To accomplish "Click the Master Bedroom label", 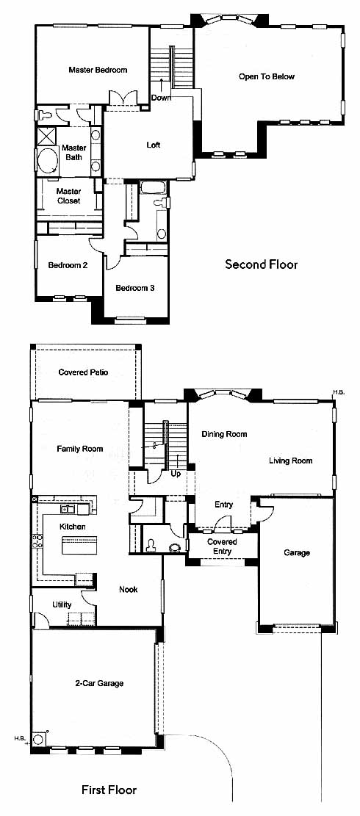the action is click(98, 70).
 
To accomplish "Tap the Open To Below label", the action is click(267, 76).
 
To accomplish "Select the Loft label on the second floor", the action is click(153, 145).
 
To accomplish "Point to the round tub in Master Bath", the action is click(48, 162).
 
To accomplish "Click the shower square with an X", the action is click(47, 137).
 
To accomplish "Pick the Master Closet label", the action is click(68, 195).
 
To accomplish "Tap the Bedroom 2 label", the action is click(68, 265).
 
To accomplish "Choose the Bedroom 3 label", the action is click(134, 288).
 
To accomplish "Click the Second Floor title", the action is click(261, 264).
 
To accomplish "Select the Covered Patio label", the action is click(83, 372).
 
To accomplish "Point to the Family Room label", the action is click(80, 449).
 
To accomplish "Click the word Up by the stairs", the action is click(176, 474).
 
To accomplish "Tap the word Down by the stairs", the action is click(161, 98).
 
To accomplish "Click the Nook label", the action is click(128, 590).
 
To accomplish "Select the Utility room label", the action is click(62, 604).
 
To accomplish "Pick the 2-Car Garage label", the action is click(99, 683).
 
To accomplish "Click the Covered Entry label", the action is click(223, 546).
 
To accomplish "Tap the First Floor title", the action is click(109, 790).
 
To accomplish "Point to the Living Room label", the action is click(291, 461).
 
